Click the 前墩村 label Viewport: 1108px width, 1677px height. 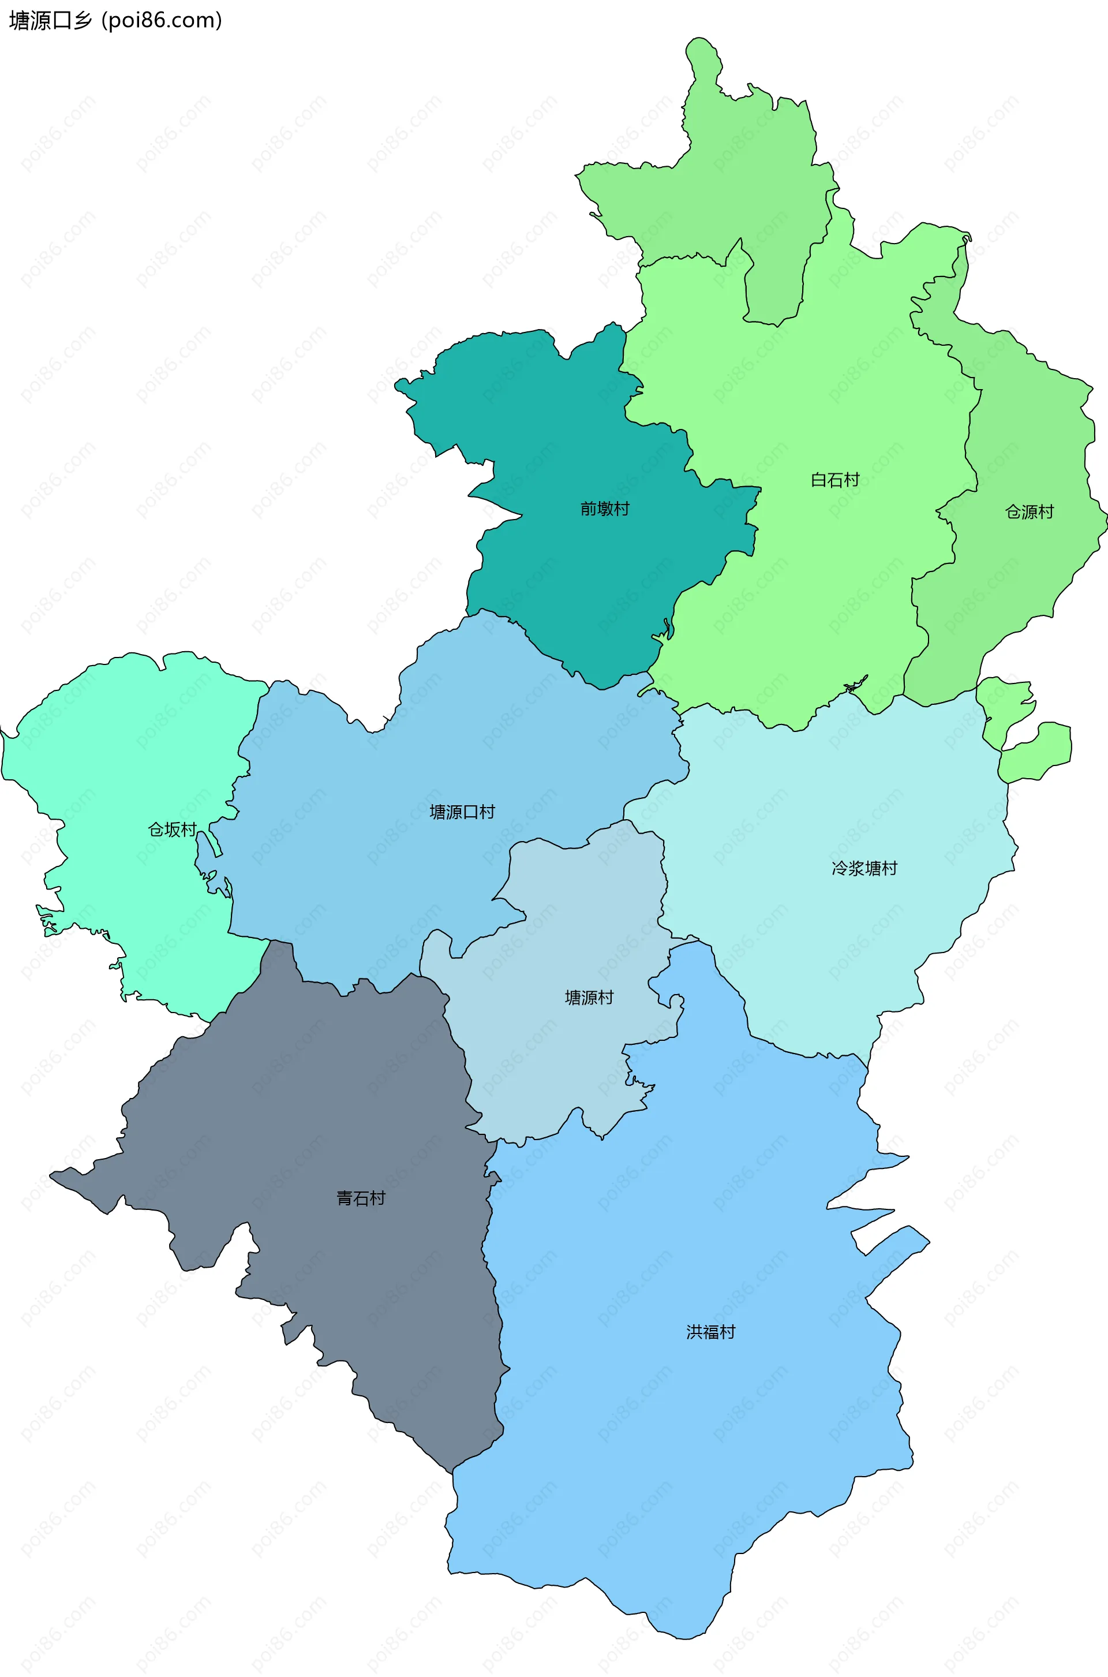(x=604, y=509)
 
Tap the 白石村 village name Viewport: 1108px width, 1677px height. (x=834, y=480)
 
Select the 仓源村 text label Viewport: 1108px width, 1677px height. (x=1029, y=511)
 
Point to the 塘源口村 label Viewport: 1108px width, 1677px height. (x=462, y=812)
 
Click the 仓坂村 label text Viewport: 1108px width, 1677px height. (x=172, y=829)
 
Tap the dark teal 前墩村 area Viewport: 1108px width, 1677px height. (x=566, y=438)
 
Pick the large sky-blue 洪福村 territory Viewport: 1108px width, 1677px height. (x=671, y=1449)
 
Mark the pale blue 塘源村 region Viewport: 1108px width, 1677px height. (x=566, y=1060)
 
